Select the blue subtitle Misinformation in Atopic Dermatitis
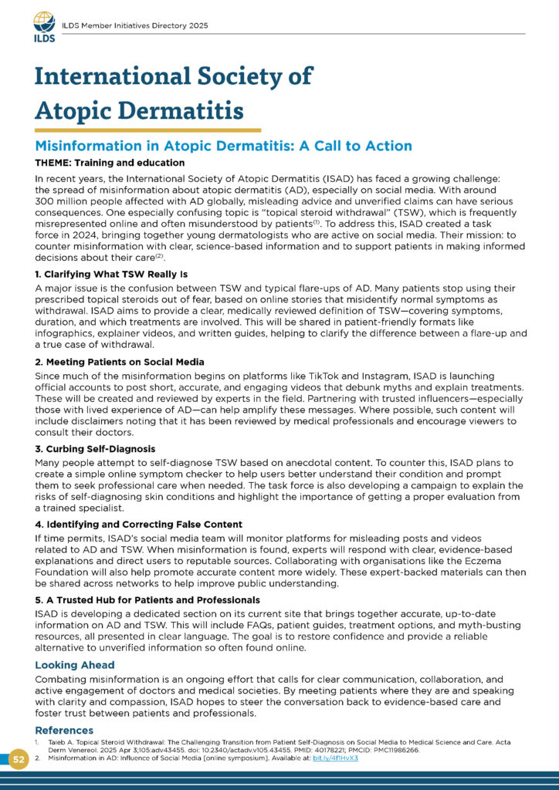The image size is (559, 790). pos(224,146)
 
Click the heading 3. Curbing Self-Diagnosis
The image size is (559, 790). pos(95,449)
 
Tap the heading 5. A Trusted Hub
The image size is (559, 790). pos(147,599)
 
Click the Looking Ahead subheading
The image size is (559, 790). pos(76,664)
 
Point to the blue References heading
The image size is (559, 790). pos(64,730)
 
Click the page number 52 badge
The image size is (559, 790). pos(19,760)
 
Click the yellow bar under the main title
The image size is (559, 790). pos(147,130)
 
